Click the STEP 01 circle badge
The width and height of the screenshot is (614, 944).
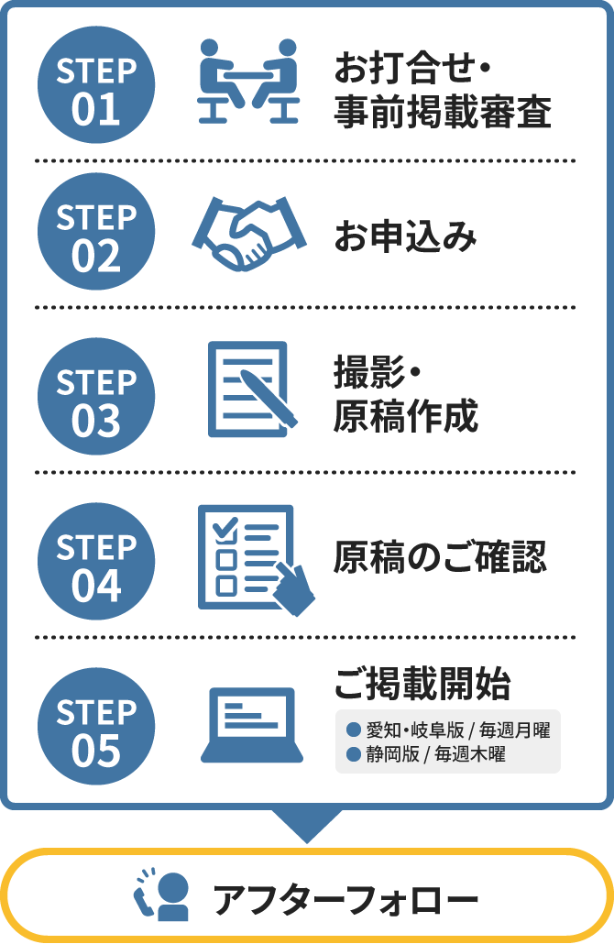point(96,85)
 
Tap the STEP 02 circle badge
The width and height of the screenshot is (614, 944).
point(96,232)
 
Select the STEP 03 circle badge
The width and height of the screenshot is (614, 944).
point(96,396)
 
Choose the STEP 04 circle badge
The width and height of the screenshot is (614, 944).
point(96,561)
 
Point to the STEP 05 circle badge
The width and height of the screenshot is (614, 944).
point(96,726)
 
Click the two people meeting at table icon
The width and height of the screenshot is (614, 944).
point(248,82)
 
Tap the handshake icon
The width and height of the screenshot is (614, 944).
point(249,234)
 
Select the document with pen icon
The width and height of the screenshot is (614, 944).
point(253,389)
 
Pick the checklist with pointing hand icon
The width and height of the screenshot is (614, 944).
point(257,560)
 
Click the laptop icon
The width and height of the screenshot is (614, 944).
point(252,725)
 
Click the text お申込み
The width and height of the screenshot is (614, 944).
point(406,236)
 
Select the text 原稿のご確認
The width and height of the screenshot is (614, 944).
point(440,556)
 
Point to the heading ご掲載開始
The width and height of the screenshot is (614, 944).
point(422,684)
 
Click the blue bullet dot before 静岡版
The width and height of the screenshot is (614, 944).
point(354,753)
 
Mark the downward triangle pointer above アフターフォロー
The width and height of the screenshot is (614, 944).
point(307,826)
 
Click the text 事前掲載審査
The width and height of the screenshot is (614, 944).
point(443,112)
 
